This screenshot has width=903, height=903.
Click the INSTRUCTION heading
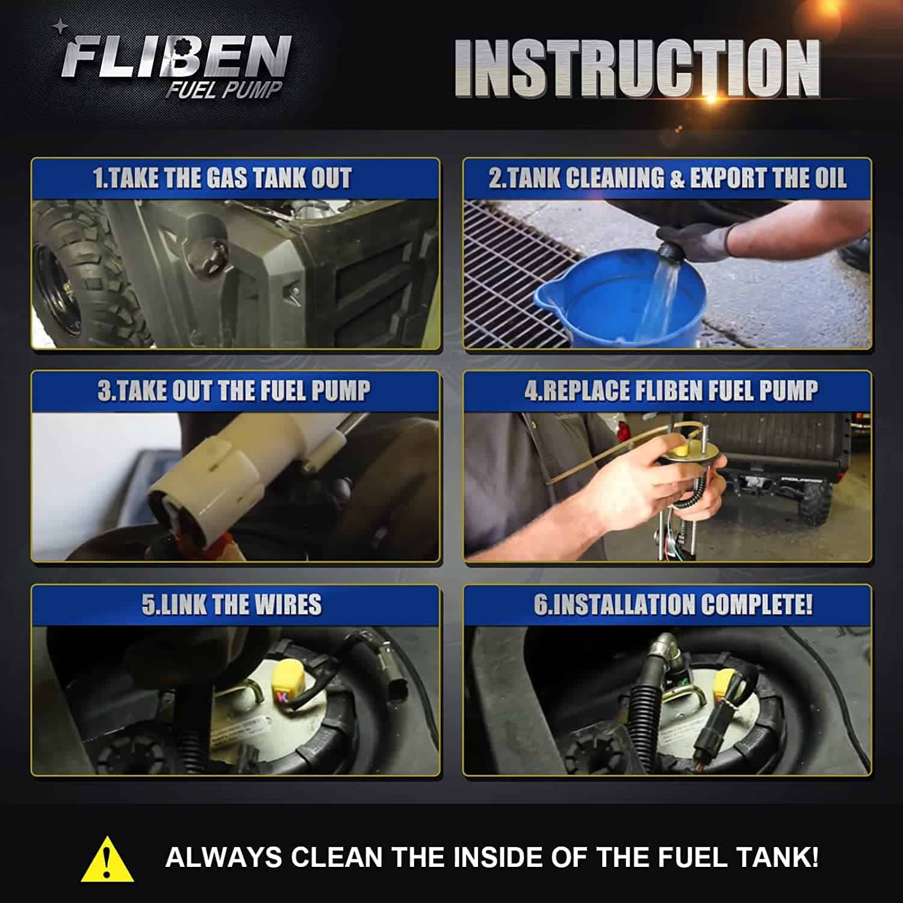[x=637, y=67]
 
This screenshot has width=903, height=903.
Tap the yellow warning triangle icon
[x=107, y=858]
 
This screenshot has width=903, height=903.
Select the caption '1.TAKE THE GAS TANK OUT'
[x=222, y=178]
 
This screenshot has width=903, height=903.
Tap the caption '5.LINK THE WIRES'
[x=232, y=604]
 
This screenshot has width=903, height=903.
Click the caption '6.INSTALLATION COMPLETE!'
[x=673, y=604]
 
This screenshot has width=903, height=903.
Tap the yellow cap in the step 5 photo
[x=288, y=678]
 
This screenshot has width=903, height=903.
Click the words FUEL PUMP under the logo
[x=224, y=90]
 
